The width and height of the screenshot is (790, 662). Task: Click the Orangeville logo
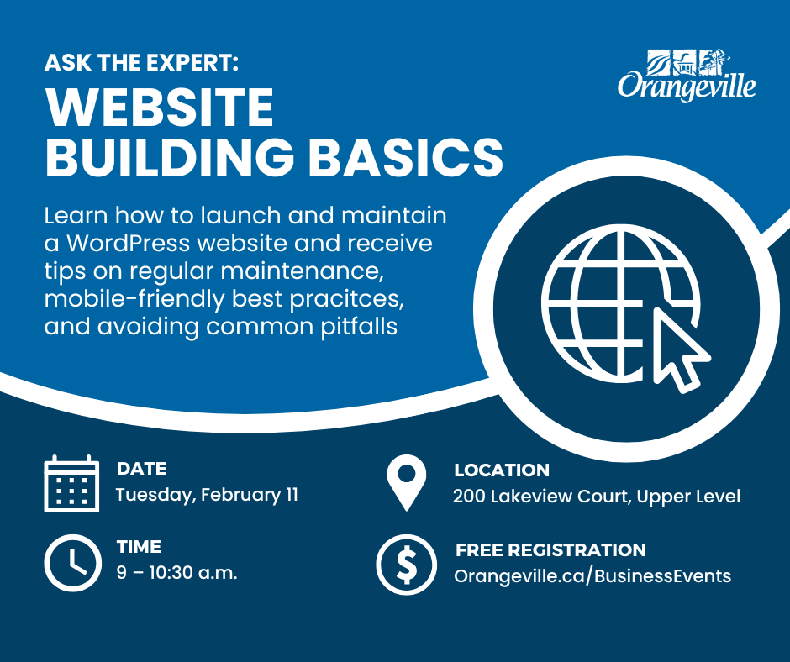pyautogui.click(x=687, y=75)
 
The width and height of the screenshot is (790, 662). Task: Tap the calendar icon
pyautogui.click(x=71, y=484)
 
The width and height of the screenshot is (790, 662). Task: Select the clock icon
pyautogui.click(x=72, y=563)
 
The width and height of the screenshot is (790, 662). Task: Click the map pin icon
pyautogui.click(x=407, y=482)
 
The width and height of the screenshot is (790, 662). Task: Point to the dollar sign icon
pyautogui.click(x=407, y=565)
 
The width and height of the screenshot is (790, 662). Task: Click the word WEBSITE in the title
pyautogui.click(x=160, y=108)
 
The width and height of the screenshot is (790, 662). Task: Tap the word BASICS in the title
pyautogui.click(x=406, y=157)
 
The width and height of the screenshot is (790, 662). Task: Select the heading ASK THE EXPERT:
pyautogui.click(x=141, y=63)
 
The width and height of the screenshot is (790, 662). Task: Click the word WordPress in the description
pyautogui.click(x=129, y=244)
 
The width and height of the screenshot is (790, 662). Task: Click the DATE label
pyautogui.click(x=141, y=469)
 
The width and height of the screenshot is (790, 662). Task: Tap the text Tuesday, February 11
pyautogui.click(x=207, y=496)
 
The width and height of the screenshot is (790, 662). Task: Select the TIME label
pyautogui.click(x=139, y=547)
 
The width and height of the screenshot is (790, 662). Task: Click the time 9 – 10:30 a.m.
pyautogui.click(x=176, y=573)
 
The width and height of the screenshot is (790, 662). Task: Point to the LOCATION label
pyautogui.click(x=502, y=470)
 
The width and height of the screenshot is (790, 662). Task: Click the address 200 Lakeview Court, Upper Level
pyautogui.click(x=597, y=496)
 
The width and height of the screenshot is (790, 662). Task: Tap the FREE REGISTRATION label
pyautogui.click(x=550, y=549)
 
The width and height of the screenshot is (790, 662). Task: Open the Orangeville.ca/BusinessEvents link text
pyautogui.click(x=592, y=576)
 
